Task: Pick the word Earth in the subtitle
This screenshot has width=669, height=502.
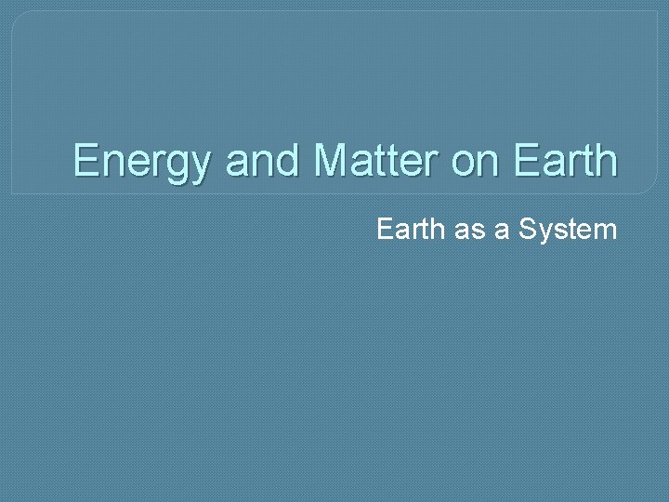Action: [409, 229]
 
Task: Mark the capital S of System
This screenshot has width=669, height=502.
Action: [527, 229]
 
